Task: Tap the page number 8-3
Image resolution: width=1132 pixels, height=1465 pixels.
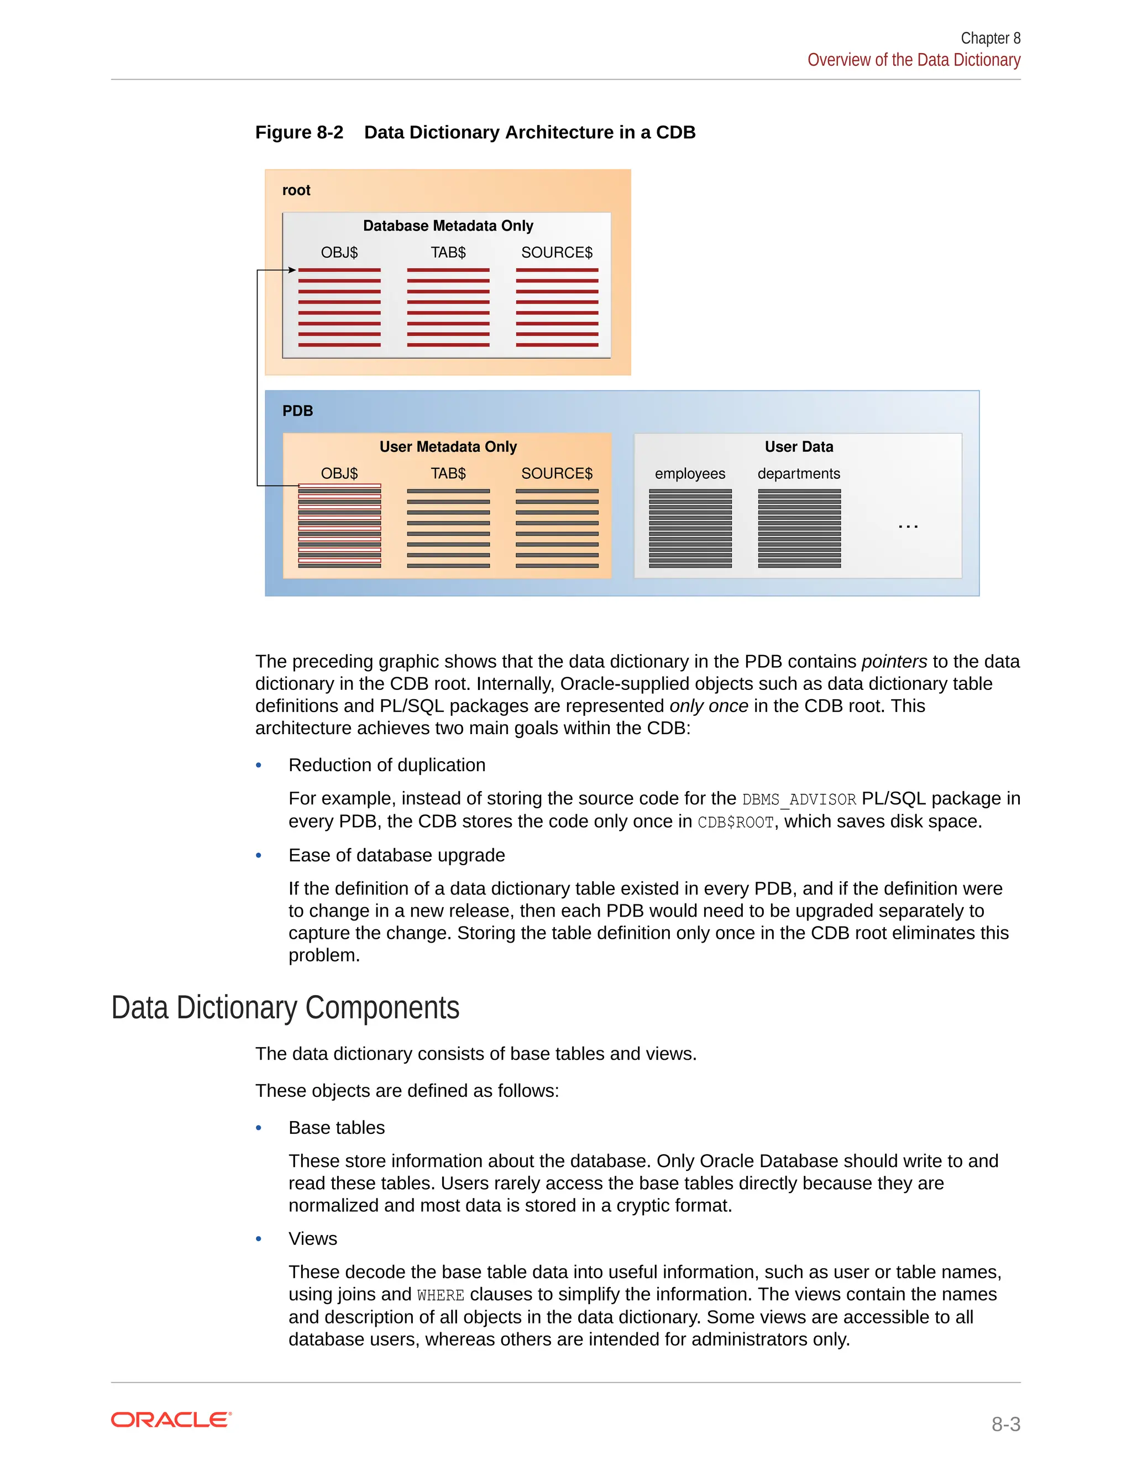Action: point(1005,1424)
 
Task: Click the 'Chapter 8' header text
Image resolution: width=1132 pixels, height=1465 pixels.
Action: point(990,38)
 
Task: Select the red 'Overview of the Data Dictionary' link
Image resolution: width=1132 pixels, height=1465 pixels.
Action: point(913,60)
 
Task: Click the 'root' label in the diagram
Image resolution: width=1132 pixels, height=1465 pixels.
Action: point(296,191)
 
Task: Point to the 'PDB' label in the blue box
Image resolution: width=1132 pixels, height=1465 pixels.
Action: point(297,411)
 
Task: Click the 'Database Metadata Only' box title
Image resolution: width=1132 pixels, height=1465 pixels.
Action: point(448,226)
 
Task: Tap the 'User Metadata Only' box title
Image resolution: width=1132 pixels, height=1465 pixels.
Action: point(448,447)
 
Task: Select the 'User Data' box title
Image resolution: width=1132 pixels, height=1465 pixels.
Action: point(799,447)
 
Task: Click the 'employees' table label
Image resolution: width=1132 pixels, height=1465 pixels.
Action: point(690,474)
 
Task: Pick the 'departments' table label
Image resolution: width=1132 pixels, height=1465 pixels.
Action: point(799,474)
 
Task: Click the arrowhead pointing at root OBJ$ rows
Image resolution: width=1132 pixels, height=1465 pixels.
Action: point(292,270)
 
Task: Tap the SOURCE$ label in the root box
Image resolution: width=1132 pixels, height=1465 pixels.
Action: point(557,253)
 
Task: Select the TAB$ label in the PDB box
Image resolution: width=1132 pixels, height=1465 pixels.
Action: point(448,474)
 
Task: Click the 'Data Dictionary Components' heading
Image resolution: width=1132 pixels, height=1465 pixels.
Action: point(285,1008)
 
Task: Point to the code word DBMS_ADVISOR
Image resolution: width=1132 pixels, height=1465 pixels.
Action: point(799,799)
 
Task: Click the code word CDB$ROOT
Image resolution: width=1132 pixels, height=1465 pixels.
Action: point(736,823)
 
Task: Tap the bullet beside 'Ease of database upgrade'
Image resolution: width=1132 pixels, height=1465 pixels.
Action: point(259,855)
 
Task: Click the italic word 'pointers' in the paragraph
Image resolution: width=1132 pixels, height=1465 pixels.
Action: point(894,662)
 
